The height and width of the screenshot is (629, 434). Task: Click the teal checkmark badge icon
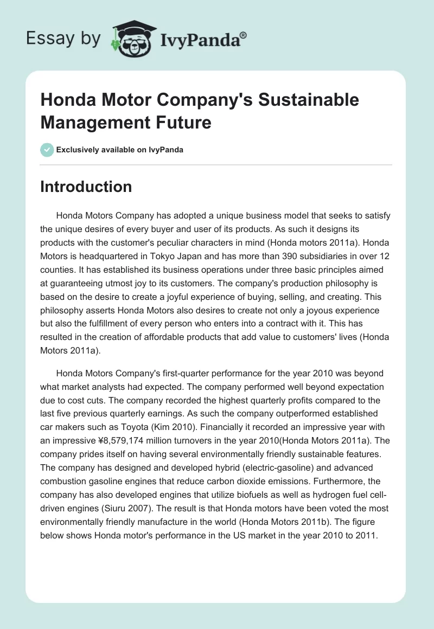47,149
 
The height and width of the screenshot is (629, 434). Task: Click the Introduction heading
86,187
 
